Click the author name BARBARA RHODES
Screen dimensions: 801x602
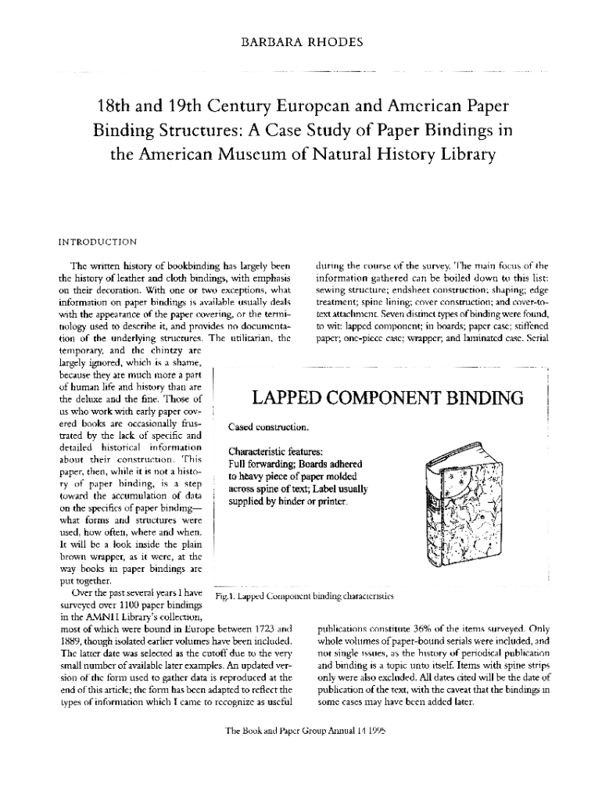point(300,42)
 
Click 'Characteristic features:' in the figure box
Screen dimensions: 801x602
point(278,451)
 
